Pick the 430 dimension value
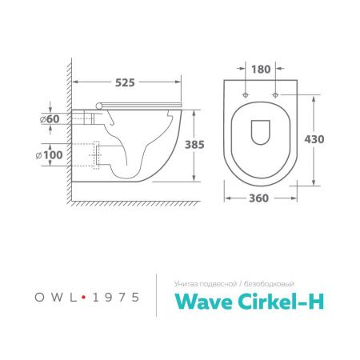pos(314,138)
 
